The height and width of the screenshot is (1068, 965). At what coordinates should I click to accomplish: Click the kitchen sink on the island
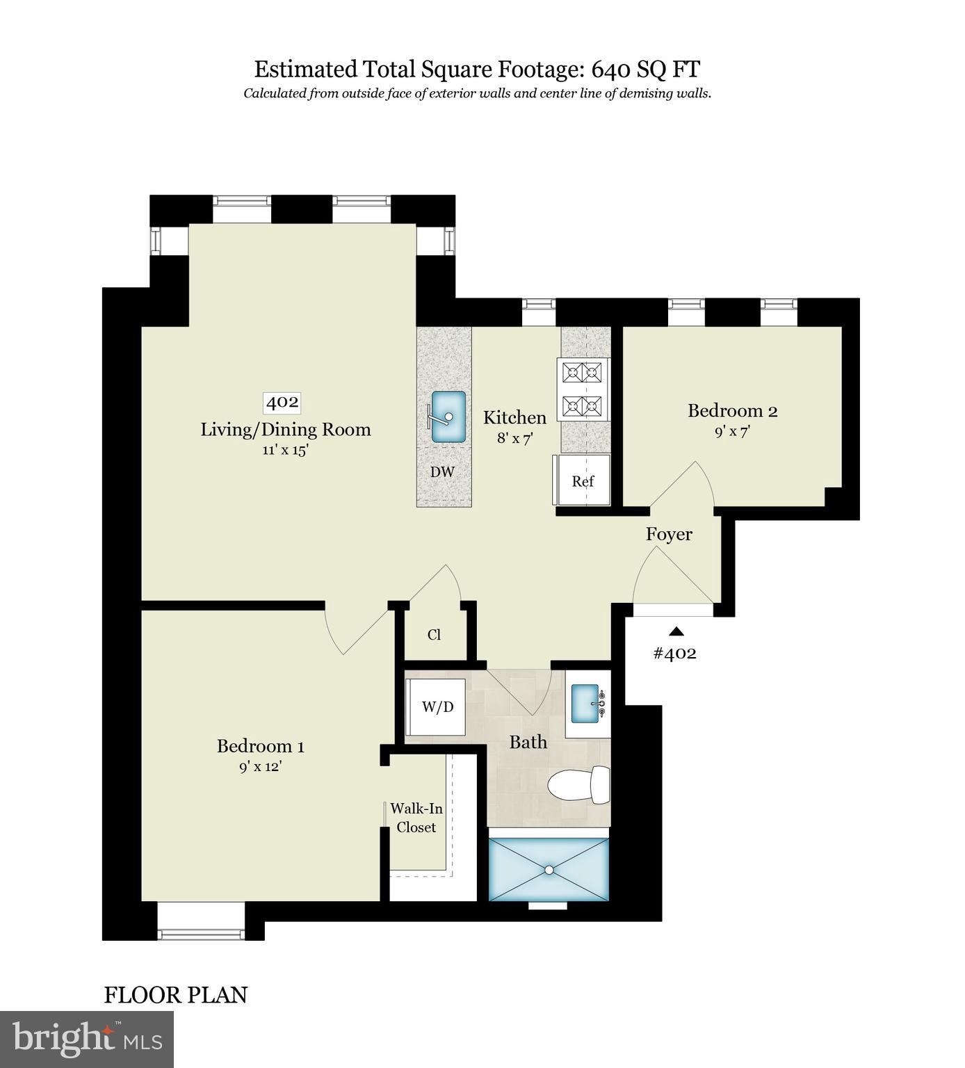pyautogui.click(x=448, y=416)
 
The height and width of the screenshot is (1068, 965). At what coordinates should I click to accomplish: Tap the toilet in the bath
pyautogui.click(x=579, y=786)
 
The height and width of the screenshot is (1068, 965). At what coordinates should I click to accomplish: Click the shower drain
pyautogui.click(x=549, y=870)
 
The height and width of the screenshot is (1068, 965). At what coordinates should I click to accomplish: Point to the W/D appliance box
pyautogui.click(x=437, y=707)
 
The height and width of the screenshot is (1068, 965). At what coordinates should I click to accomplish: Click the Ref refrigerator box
pyautogui.click(x=583, y=480)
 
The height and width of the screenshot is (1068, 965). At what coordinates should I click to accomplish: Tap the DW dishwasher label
pyautogui.click(x=442, y=472)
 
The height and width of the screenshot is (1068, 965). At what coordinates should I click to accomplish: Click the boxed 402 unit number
pyautogui.click(x=283, y=402)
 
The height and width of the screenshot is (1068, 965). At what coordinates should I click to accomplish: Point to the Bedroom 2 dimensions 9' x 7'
pyautogui.click(x=732, y=431)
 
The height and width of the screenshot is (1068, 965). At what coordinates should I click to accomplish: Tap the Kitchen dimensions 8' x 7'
pyautogui.click(x=514, y=439)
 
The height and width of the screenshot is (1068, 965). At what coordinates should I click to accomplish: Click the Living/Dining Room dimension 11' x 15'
pyautogui.click(x=285, y=450)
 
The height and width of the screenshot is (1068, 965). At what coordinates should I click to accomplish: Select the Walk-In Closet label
pyautogui.click(x=416, y=818)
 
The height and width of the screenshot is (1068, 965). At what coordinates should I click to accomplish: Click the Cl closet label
pyautogui.click(x=435, y=635)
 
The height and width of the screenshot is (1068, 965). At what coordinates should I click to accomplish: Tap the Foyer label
pyautogui.click(x=669, y=534)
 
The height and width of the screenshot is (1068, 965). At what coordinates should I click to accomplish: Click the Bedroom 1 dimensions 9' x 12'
pyautogui.click(x=261, y=767)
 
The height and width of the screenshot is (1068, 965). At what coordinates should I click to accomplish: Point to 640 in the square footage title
pyautogui.click(x=610, y=70)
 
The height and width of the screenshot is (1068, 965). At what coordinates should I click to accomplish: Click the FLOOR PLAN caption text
pyautogui.click(x=175, y=995)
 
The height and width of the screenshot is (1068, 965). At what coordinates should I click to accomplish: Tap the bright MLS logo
pyautogui.click(x=87, y=1039)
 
